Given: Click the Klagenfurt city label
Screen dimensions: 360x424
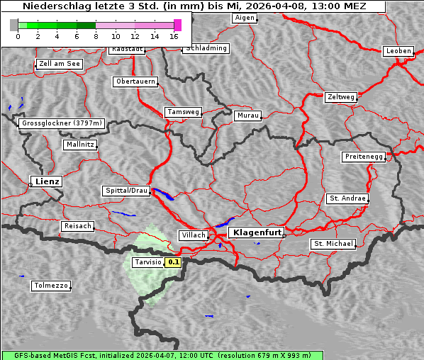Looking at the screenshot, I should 256,232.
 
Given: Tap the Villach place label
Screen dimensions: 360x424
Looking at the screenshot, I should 193,235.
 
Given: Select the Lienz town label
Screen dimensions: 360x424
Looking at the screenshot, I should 46,182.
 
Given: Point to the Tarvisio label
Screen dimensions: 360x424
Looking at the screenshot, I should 147,262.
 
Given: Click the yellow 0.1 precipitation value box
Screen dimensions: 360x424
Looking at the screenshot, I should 174,262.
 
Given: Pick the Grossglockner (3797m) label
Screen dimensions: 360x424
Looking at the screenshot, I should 62,123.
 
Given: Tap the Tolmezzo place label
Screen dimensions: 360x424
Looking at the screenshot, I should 51,286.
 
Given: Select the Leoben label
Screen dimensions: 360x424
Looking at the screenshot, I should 398,51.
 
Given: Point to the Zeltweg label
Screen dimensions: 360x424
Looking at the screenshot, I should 340,96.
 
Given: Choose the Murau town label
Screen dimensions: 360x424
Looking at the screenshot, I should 247,115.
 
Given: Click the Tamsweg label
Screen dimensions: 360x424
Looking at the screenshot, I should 184,112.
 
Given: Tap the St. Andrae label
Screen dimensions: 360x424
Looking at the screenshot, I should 347,198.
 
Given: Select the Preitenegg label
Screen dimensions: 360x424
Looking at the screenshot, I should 364,157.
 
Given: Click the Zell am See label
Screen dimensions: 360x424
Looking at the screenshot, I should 59,64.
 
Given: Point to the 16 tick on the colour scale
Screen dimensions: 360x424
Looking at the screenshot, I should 174,35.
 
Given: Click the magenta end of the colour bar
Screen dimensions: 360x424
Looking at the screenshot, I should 177,25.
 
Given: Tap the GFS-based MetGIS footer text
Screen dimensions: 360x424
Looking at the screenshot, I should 156,355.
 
